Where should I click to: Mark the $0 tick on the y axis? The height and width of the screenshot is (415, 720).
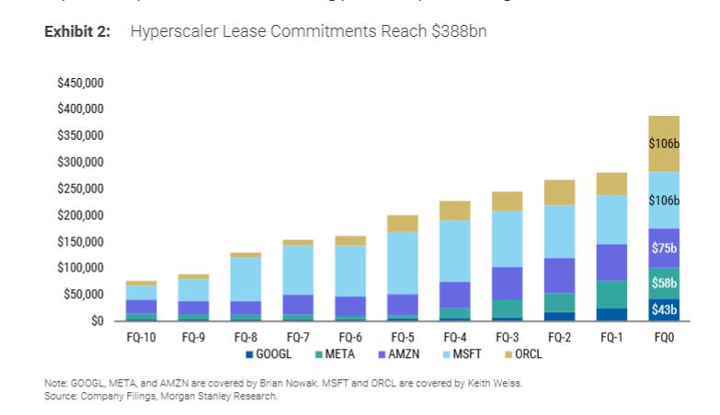point(96,321)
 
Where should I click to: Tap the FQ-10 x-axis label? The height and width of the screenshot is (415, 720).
point(141,338)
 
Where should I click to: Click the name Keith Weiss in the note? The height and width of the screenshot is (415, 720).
point(497,385)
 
